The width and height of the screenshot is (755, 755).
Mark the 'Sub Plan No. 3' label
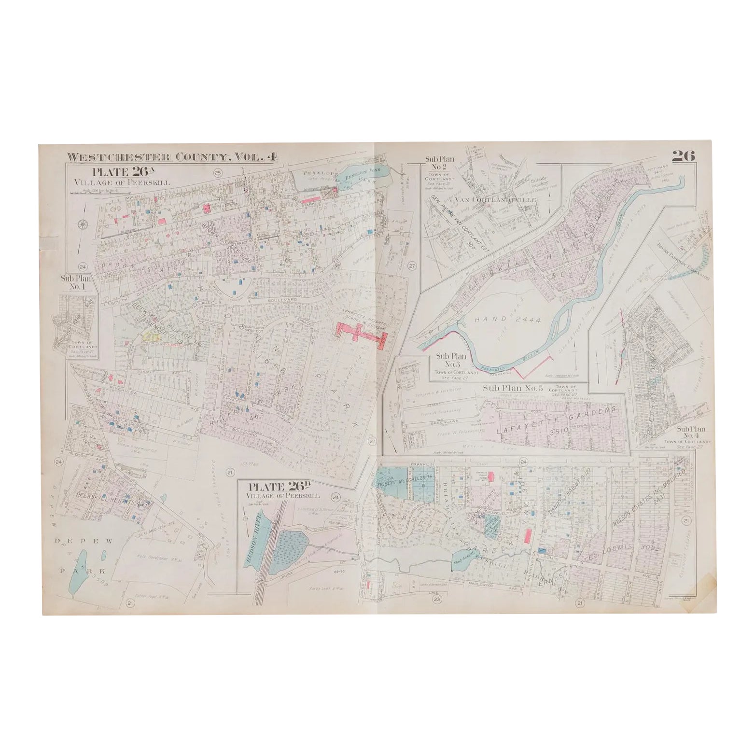click(x=448, y=360)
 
